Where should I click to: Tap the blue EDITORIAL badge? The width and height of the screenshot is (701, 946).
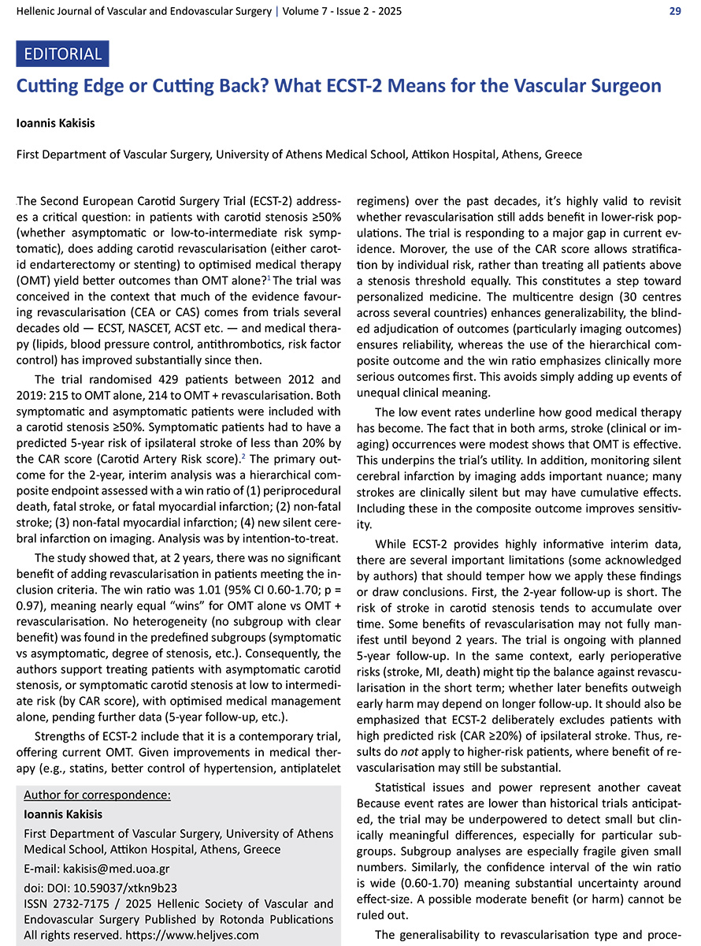click(63, 54)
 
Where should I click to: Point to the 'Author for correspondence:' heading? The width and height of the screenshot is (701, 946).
click(97, 794)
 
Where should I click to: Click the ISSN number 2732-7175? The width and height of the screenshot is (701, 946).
click(76, 903)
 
